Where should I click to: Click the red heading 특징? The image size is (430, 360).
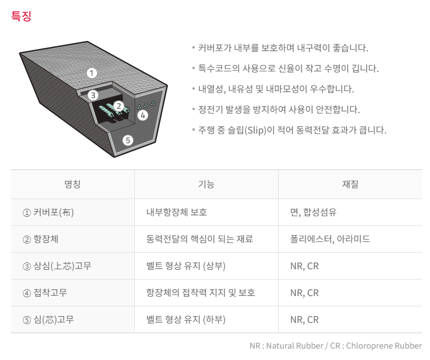point(21,16)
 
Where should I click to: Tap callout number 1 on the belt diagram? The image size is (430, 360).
point(92,73)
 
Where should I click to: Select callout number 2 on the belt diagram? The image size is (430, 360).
point(119,106)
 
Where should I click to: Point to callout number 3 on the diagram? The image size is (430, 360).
point(93,95)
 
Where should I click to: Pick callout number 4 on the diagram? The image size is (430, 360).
point(143,115)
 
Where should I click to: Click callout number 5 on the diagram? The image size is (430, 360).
point(128,140)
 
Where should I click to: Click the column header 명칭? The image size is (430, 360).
point(73,184)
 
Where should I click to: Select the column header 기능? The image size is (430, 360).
point(206,184)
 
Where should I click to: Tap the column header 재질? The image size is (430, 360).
point(350,184)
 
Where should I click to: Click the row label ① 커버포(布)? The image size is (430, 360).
point(48,212)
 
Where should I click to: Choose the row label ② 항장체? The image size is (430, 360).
point(41,239)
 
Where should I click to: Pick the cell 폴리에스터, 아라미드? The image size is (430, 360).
point(330,239)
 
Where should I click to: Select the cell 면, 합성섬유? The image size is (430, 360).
point(314,212)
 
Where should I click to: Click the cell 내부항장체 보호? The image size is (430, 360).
point(176,212)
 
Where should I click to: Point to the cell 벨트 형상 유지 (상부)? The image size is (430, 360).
point(186,266)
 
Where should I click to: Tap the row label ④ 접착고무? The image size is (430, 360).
point(45,293)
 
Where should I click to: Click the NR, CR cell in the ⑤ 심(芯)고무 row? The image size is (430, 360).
point(304,319)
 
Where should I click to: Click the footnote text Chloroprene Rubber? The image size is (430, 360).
point(384,346)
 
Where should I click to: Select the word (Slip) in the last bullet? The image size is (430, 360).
point(255,130)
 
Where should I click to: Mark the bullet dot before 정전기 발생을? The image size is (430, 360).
point(194,110)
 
